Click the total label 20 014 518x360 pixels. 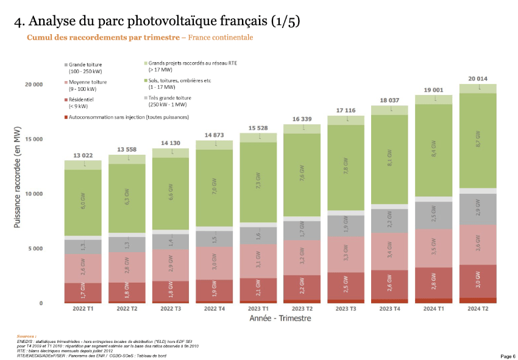[477, 79]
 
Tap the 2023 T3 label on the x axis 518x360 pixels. [346, 309]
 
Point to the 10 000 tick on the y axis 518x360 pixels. [33, 194]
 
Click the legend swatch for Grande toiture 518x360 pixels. [66, 65]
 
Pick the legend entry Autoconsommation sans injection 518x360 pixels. [129, 116]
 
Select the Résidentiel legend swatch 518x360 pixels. [66, 99]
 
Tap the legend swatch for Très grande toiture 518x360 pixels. [145, 97]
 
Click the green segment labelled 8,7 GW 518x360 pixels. [477, 140]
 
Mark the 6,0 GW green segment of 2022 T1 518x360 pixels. [82, 202]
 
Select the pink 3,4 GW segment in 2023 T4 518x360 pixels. [389, 251]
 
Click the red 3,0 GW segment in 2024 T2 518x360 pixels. [477, 281]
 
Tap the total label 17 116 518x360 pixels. [346, 110]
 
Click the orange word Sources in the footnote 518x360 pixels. [26, 336]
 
